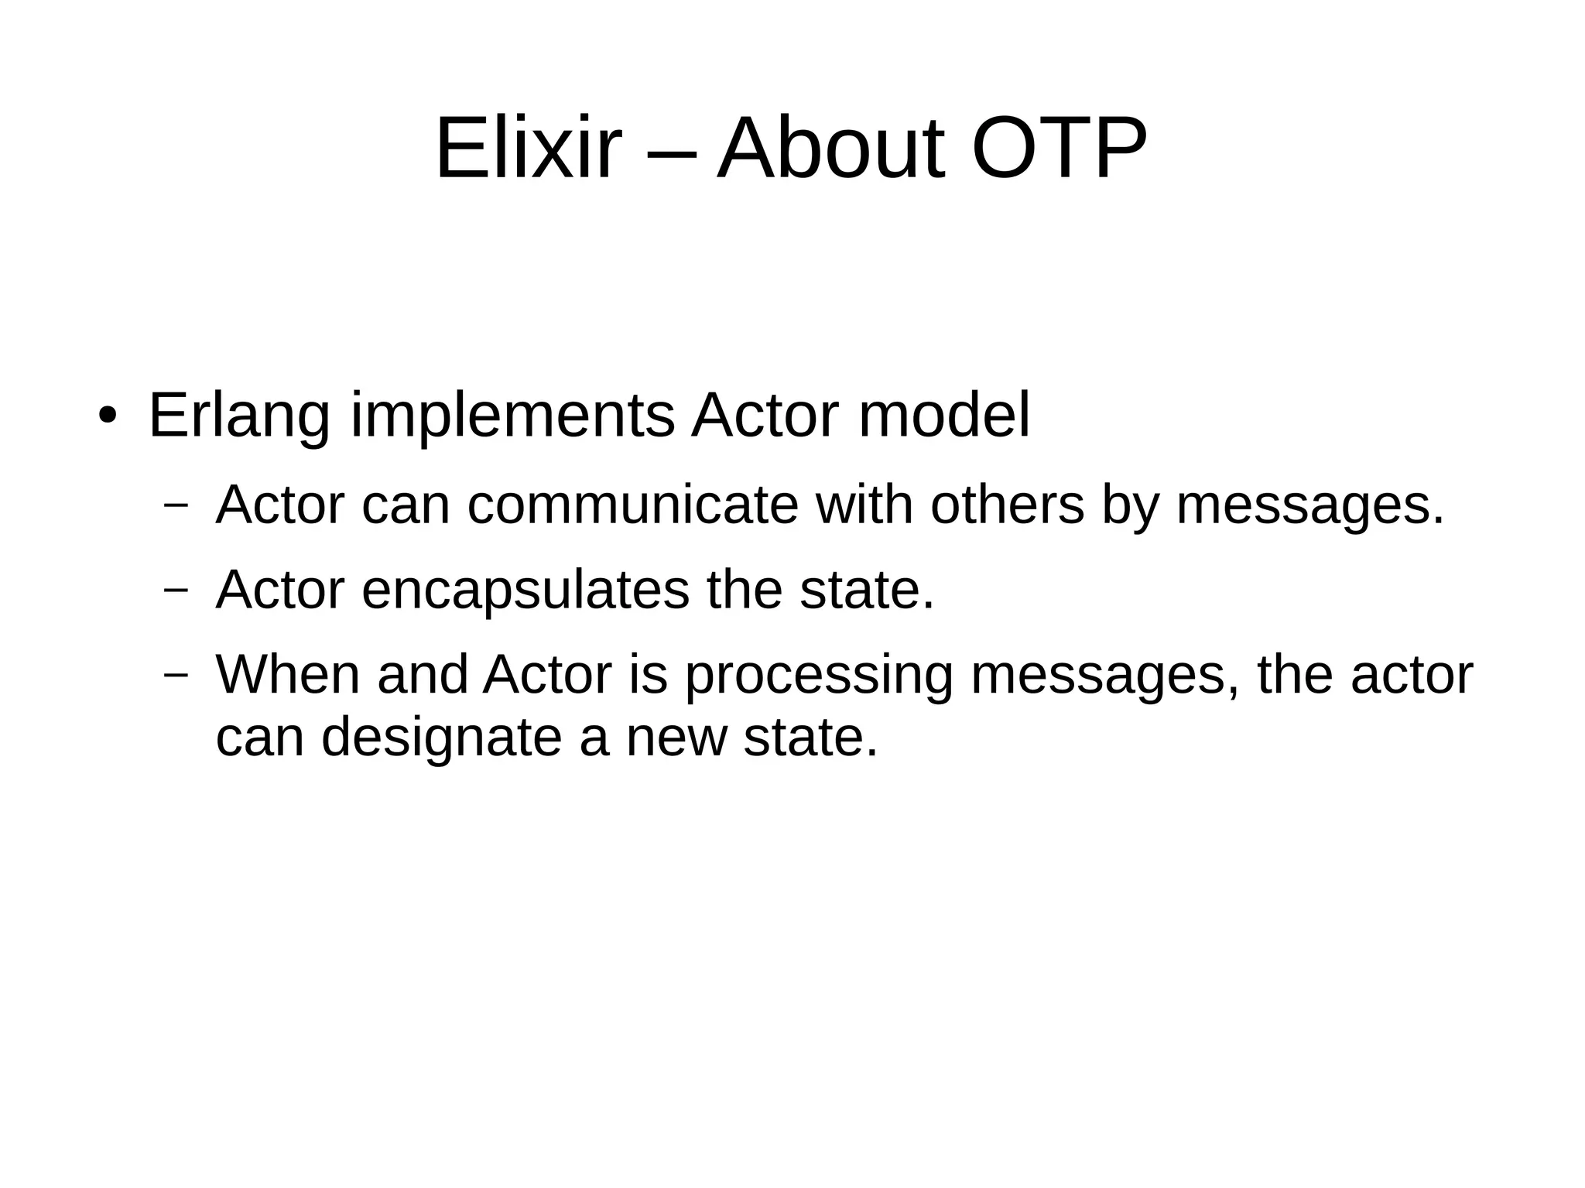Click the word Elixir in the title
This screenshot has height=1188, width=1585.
[x=529, y=149]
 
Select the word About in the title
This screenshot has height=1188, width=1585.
[x=831, y=149]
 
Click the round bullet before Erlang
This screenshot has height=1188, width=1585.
[x=107, y=416]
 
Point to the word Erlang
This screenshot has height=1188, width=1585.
[x=239, y=416]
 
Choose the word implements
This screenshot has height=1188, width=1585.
[x=512, y=416]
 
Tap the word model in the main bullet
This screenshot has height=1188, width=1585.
[x=944, y=416]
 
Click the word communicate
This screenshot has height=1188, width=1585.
[x=633, y=505]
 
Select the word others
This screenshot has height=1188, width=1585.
[x=1007, y=505]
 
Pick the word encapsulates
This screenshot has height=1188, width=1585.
[x=525, y=590]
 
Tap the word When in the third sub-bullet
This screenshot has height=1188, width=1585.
[x=288, y=675]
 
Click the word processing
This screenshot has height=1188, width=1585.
[x=819, y=675]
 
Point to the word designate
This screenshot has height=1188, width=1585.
[x=441, y=737]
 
